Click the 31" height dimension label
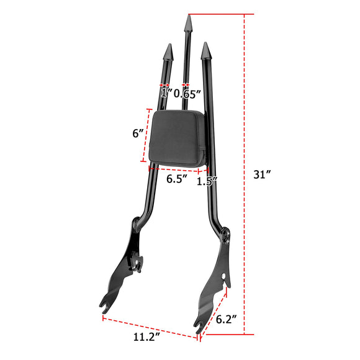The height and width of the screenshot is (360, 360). (264, 174)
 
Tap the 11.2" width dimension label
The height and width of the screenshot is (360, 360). (146, 338)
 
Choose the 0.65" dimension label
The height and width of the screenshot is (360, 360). (187, 94)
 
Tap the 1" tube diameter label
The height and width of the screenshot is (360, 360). (164, 94)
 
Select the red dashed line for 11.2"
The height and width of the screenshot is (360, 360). (149, 328)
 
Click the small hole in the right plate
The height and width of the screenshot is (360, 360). (224, 273)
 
